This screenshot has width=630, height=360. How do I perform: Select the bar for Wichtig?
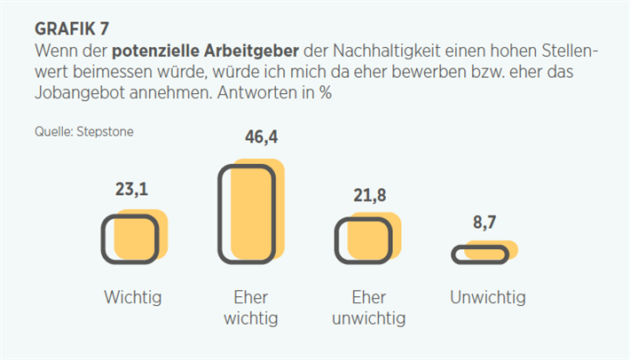(133, 238)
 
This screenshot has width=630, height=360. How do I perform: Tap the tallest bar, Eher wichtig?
(249, 214)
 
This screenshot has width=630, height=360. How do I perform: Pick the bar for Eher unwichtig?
(366, 239)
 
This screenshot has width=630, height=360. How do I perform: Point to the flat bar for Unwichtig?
(483, 254)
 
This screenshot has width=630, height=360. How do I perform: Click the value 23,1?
(133, 190)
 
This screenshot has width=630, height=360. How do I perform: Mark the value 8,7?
(484, 223)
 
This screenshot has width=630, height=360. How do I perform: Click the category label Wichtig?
(133, 297)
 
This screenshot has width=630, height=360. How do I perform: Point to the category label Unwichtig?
(487, 297)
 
